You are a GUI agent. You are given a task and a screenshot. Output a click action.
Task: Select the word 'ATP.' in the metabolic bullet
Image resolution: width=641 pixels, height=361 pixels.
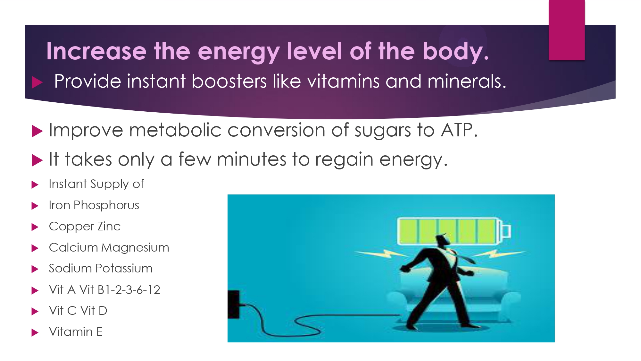(x=459, y=130)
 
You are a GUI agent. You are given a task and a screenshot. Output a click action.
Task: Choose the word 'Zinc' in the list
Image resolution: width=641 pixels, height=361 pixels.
(x=109, y=226)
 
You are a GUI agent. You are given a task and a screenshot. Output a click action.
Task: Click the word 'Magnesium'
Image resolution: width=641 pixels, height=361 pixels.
(x=135, y=248)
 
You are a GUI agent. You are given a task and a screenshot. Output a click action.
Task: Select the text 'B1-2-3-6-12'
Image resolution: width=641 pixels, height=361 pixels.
(x=129, y=290)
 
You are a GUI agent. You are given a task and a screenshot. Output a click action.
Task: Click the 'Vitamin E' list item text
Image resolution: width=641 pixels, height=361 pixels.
(x=76, y=332)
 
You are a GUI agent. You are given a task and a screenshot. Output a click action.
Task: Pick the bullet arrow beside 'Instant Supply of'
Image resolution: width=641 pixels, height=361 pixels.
(x=35, y=185)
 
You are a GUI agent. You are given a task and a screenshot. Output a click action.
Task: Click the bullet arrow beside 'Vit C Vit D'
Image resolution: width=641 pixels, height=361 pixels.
(x=35, y=311)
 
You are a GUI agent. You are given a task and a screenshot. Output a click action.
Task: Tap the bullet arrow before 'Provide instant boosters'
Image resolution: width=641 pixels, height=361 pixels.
(x=37, y=82)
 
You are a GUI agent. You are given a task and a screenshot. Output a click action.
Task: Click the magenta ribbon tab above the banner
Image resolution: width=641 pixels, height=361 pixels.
(x=567, y=30)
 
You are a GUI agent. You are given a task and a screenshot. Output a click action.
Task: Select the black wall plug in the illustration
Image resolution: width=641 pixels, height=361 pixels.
(x=234, y=305)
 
